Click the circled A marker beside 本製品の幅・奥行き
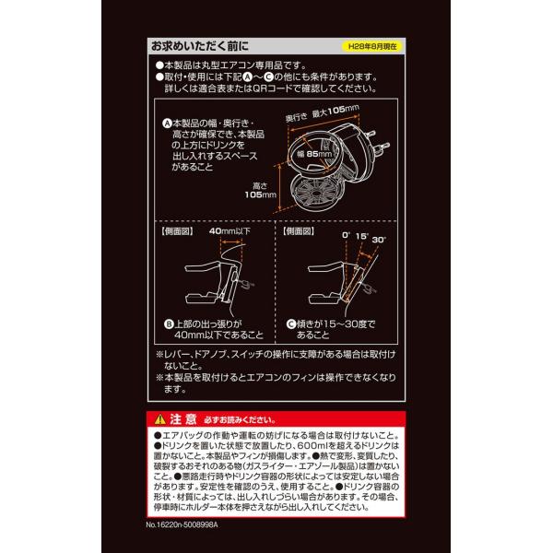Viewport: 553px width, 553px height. (167, 123)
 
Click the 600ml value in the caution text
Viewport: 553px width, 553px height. (304, 444)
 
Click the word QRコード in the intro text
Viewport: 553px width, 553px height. (283, 91)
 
